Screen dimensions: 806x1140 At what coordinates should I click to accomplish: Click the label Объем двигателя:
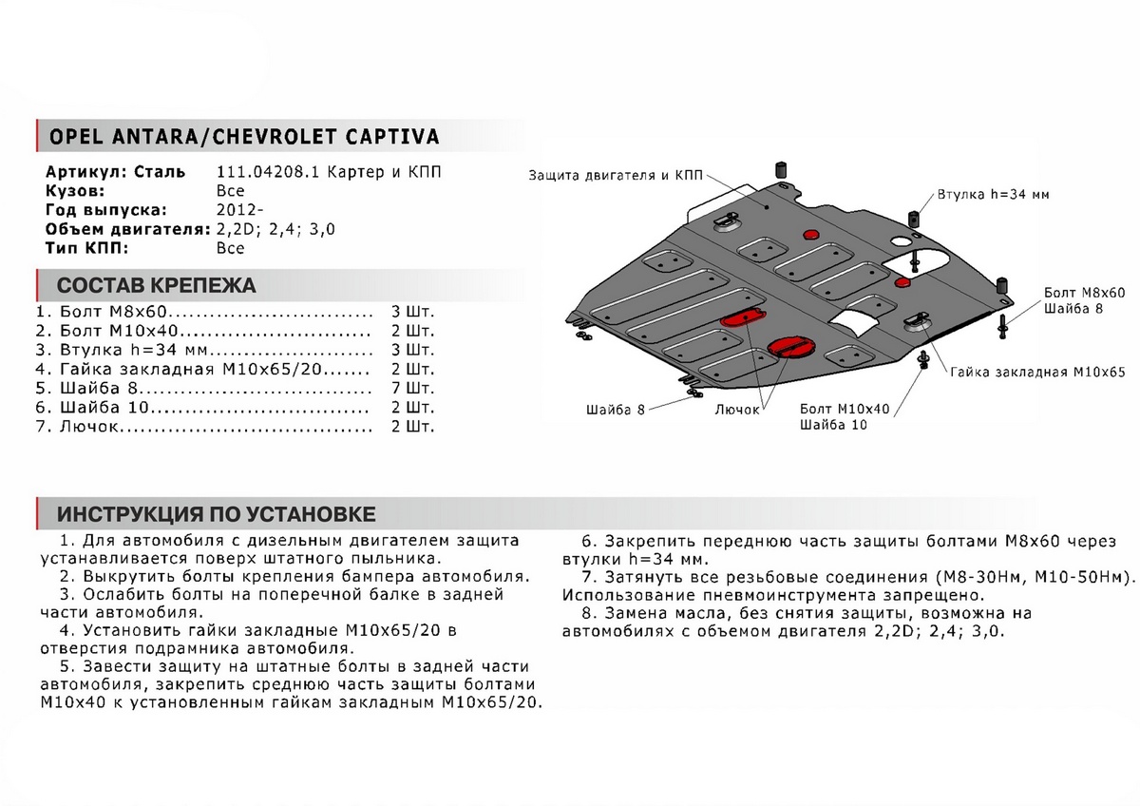[127, 229]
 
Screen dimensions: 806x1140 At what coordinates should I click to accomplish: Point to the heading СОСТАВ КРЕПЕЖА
[156, 285]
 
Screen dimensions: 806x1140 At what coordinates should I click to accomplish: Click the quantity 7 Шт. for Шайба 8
[412, 389]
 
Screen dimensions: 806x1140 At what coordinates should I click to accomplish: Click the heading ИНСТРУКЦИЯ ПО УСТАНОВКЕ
[216, 514]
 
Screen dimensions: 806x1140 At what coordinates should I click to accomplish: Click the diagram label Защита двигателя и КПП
[617, 176]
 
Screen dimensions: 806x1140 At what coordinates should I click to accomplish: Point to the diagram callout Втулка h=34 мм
[992, 194]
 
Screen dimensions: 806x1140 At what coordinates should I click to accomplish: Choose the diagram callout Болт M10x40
[845, 408]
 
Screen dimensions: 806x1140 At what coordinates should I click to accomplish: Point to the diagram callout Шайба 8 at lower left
[615, 409]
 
